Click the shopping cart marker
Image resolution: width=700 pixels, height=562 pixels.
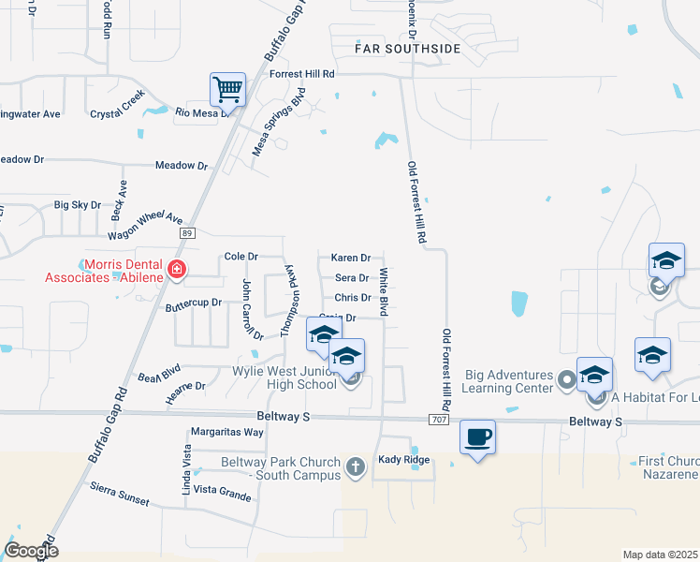click(x=227, y=91)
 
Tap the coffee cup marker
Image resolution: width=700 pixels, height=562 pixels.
click(x=477, y=436)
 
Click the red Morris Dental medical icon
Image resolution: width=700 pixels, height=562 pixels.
click(x=176, y=272)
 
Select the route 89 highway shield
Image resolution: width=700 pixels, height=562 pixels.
click(x=187, y=232)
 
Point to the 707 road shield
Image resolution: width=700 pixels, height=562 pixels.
click(x=437, y=421)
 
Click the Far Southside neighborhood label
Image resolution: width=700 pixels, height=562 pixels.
click(x=408, y=48)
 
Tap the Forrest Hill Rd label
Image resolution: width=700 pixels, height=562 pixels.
click(x=301, y=73)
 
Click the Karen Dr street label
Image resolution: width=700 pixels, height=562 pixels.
click(x=351, y=258)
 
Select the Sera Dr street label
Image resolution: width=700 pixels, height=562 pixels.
click(x=351, y=278)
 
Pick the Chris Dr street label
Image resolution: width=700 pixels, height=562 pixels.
click(x=353, y=298)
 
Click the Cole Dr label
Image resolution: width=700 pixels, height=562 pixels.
click(x=241, y=257)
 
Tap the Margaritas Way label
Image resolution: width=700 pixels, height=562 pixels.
click(x=226, y=433)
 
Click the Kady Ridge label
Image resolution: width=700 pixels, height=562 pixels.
click(x=403, y=460)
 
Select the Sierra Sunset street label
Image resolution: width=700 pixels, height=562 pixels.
click(x=120, y=494)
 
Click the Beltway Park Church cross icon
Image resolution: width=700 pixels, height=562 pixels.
click(x=355, y=466)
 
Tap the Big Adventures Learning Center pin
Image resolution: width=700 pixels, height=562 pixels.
click(x=565, y=381)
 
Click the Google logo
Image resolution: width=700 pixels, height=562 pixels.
click(x=31, y=550)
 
